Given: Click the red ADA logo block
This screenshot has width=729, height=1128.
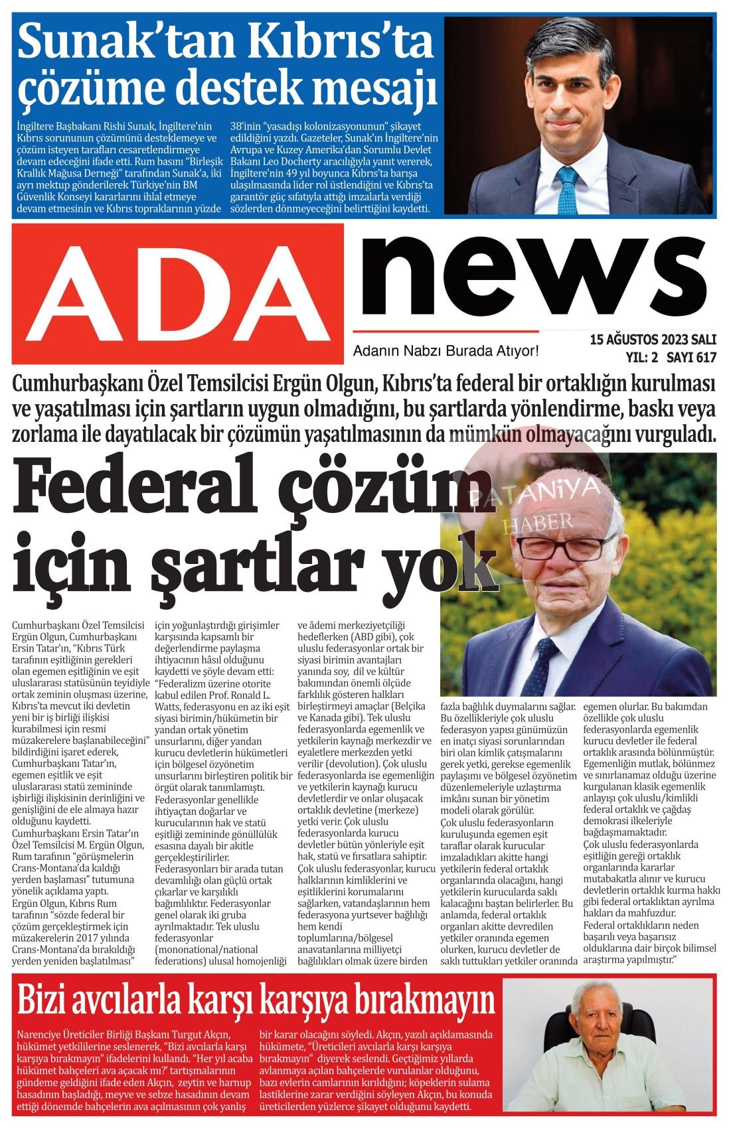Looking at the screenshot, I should click(x=178, y=293).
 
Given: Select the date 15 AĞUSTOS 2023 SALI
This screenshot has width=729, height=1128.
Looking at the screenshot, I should click(x=653, y=340).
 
